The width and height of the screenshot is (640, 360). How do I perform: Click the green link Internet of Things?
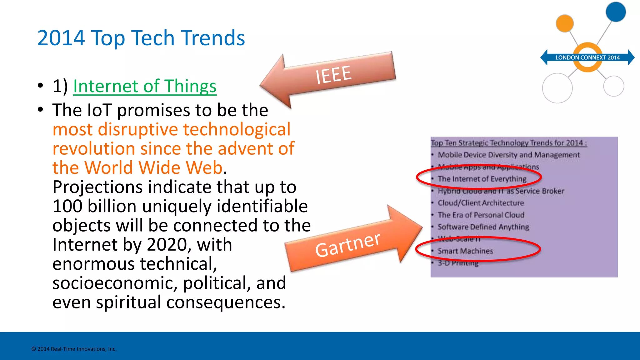click(x=144, y=86)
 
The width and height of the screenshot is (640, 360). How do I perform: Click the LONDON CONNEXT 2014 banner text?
click(x=587, y=57)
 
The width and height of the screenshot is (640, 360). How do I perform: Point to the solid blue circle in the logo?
click(x=616, y=12)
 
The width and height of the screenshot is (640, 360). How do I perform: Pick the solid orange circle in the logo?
click(x=565, y=23)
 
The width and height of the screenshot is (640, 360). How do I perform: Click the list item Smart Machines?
click(x=465, y=251)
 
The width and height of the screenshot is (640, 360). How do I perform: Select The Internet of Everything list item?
click(x=482, y=179)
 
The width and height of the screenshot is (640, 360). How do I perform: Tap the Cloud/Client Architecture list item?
click(x=481, y=203)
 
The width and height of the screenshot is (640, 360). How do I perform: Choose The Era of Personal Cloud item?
click(x=481, y=215)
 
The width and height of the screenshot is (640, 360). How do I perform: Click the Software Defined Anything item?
click(x=483, y=227)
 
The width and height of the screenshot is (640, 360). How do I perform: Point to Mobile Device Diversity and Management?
click(x=508, y=155)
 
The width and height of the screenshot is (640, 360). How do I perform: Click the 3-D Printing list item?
click(x=458, y=263)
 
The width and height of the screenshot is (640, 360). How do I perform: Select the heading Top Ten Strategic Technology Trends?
click(x=509, y=143)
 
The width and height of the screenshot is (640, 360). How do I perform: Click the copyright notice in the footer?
click(x=74, y=349)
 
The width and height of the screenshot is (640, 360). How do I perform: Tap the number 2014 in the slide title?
click(x=61, y=38)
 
